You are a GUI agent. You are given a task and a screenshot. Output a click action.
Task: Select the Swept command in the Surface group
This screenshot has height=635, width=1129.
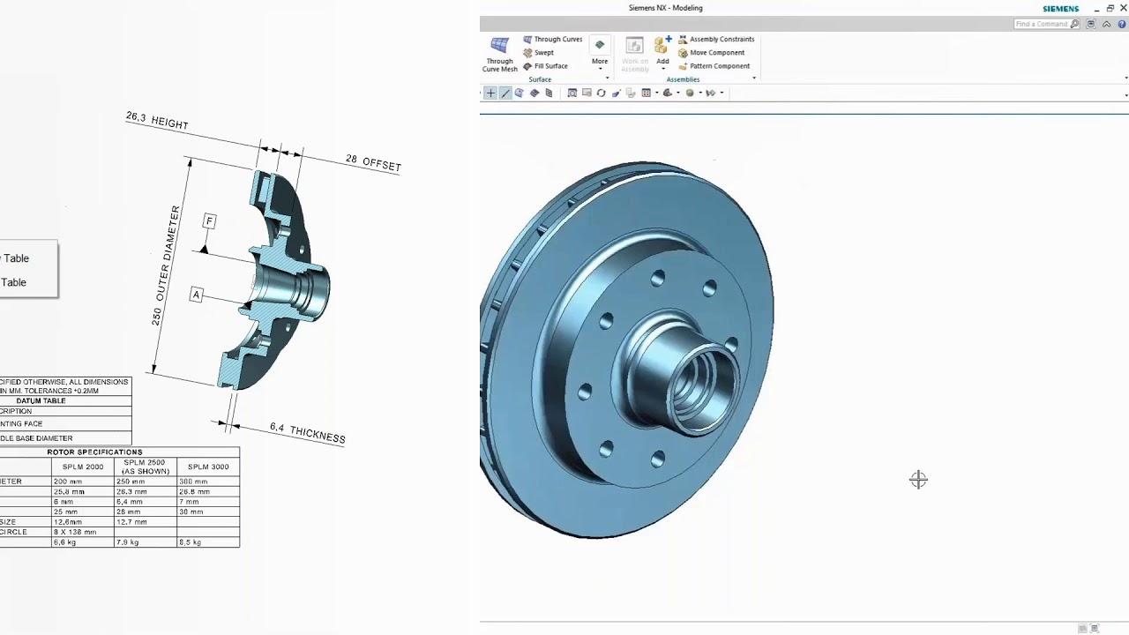pos(543,53)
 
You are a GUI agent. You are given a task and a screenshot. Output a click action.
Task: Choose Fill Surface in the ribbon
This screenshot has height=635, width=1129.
pos(550,66)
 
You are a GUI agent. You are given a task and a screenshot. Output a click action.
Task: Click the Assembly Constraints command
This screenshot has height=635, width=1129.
pos(721,40)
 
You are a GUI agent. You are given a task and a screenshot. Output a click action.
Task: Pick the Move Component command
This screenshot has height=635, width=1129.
pos(716,53)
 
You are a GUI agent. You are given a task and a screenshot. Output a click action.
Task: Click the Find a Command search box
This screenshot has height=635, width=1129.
pos(1042,24)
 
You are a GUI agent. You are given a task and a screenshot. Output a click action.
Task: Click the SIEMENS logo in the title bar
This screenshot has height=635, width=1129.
pos(1060,9)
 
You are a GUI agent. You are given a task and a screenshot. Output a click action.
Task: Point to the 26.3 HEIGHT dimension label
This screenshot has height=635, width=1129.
pos(157,121)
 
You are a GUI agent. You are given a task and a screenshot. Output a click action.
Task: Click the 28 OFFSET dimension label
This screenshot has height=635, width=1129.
pos(373,162)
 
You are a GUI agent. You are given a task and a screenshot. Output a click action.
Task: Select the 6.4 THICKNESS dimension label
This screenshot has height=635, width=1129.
pos(307,433)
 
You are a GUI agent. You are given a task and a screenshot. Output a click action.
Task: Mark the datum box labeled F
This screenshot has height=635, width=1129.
pos(209,220)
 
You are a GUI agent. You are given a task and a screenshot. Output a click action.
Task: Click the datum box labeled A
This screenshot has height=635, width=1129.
pos(196,295)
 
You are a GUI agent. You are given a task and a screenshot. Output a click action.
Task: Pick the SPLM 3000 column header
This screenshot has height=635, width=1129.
pos(208,467)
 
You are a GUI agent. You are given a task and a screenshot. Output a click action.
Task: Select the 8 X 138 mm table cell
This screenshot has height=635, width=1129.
pos(74,533)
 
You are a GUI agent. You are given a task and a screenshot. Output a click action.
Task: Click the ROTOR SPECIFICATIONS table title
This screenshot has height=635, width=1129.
pos(94,452)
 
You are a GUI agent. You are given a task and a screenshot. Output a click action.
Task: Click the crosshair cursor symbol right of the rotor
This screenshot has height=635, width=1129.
pos(918,479)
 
